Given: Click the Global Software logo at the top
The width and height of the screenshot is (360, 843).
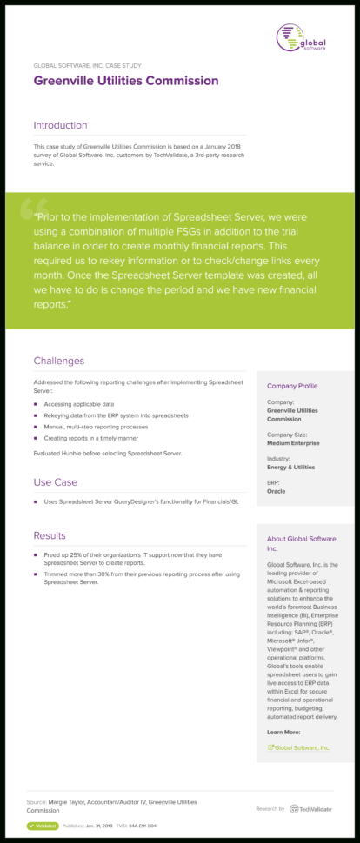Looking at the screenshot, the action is click(x=302, y=37).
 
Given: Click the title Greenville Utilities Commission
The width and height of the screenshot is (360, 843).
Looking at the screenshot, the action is click(x=126, y=81).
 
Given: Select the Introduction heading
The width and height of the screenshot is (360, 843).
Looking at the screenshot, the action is click(x=60, y=125).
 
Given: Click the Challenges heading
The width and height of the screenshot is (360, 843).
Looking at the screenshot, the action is click(x=59, y=361).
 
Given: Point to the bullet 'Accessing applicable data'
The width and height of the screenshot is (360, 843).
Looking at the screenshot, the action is click(x=78, y=404).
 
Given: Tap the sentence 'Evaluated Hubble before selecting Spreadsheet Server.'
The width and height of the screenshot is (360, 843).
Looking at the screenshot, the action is click(x=107, y=454).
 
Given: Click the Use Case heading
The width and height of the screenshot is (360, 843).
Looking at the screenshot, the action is click(x=56, y=481).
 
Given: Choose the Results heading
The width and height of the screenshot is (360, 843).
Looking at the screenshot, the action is click(x=50, y=535).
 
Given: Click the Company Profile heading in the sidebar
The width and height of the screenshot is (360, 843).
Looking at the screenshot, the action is click(x=292, y=386).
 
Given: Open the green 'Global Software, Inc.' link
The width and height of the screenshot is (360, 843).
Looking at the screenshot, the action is click(x=300, y=747).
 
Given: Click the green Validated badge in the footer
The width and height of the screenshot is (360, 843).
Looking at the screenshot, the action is click(x=43, y=826).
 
